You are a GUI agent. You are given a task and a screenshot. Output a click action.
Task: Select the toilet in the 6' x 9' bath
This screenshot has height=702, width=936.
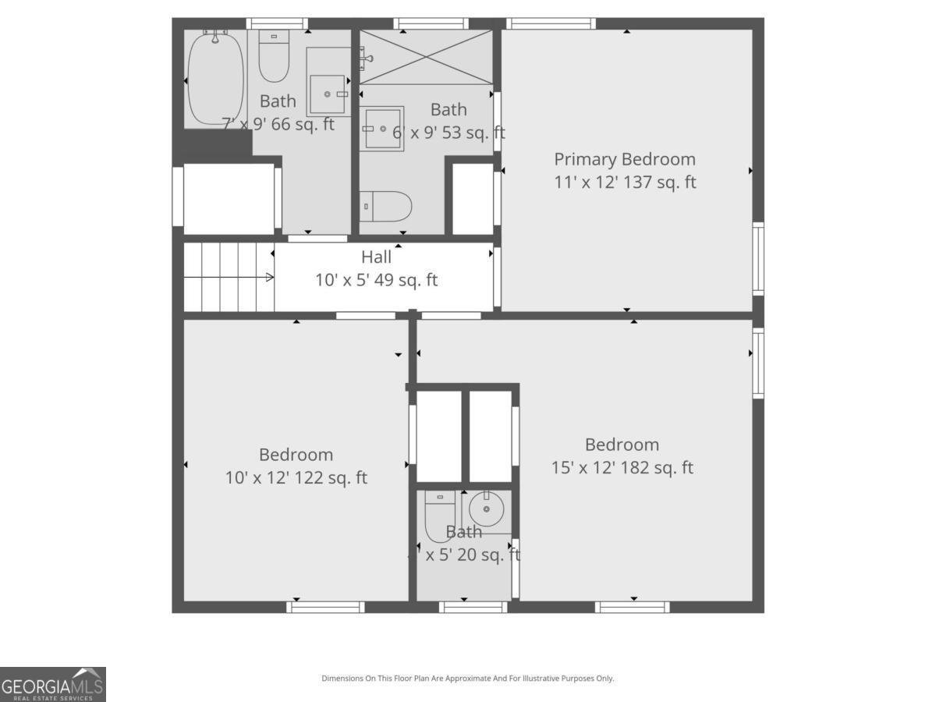coord(386,207)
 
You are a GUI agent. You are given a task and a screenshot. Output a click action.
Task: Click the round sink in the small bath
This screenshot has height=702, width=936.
coord(487,510)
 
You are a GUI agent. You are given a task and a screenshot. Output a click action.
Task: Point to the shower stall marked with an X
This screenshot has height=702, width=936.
coord(426,57)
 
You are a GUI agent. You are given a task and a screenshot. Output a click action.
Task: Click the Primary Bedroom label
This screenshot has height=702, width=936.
coord(624,159)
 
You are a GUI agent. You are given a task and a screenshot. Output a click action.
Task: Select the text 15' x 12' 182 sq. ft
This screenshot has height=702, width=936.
coord(622,468)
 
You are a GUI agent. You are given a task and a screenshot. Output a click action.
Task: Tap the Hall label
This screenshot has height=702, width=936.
coord(376,257)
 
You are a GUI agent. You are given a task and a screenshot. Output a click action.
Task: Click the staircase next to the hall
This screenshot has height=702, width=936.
coord(228,277)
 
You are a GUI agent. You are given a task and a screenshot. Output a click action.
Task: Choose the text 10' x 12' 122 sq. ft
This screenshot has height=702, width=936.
coord(296,477)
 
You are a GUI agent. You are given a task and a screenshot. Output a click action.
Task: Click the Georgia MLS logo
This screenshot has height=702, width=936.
coord(53,684)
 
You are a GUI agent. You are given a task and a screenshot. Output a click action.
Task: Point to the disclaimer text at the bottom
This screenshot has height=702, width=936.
coord(467,678)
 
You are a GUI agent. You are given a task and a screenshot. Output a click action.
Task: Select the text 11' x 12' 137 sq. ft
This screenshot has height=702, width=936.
coord(624,183)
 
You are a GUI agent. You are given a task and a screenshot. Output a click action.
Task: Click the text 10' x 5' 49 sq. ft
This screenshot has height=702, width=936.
coord(376,280)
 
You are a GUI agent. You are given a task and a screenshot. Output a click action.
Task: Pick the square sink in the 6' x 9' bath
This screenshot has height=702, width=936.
coord(382,129)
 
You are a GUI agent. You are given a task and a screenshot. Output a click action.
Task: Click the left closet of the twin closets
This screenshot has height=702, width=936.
coord(439,436)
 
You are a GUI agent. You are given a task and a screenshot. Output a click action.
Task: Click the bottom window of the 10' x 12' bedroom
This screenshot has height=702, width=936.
coord(325,606)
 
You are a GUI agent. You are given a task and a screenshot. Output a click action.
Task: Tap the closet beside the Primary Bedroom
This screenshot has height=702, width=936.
coord(473,198)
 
